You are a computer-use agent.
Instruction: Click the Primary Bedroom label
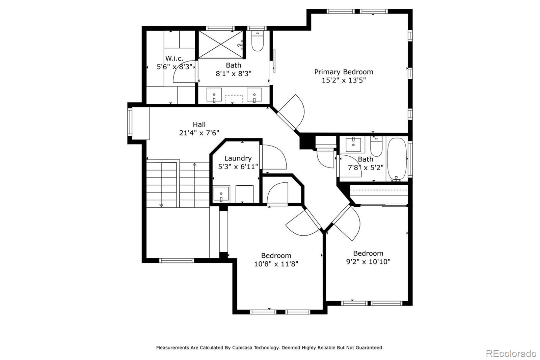(344, 72)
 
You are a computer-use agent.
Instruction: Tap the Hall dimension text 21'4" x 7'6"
(199, 133)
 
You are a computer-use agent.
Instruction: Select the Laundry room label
(238, 158)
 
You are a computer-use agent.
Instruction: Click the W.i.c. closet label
(174, 58)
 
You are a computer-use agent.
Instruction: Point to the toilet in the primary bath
(258, 42)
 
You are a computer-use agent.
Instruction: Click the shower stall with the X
(220, 45)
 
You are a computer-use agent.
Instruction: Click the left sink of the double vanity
(214, 95)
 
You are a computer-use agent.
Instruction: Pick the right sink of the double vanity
(254, 95)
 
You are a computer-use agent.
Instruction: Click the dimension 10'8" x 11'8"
(276, 264)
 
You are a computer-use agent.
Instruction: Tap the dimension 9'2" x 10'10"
(368, 261)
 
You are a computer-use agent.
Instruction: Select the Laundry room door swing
(274, 157)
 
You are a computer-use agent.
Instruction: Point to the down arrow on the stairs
(161, 205)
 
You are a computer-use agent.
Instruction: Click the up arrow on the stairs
(194, 165)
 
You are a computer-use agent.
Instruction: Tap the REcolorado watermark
(511, 353)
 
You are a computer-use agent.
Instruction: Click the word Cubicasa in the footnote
(245, 348)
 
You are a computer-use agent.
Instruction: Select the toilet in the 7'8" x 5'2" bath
(376, 147)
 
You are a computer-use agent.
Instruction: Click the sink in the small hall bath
(353, 145)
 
